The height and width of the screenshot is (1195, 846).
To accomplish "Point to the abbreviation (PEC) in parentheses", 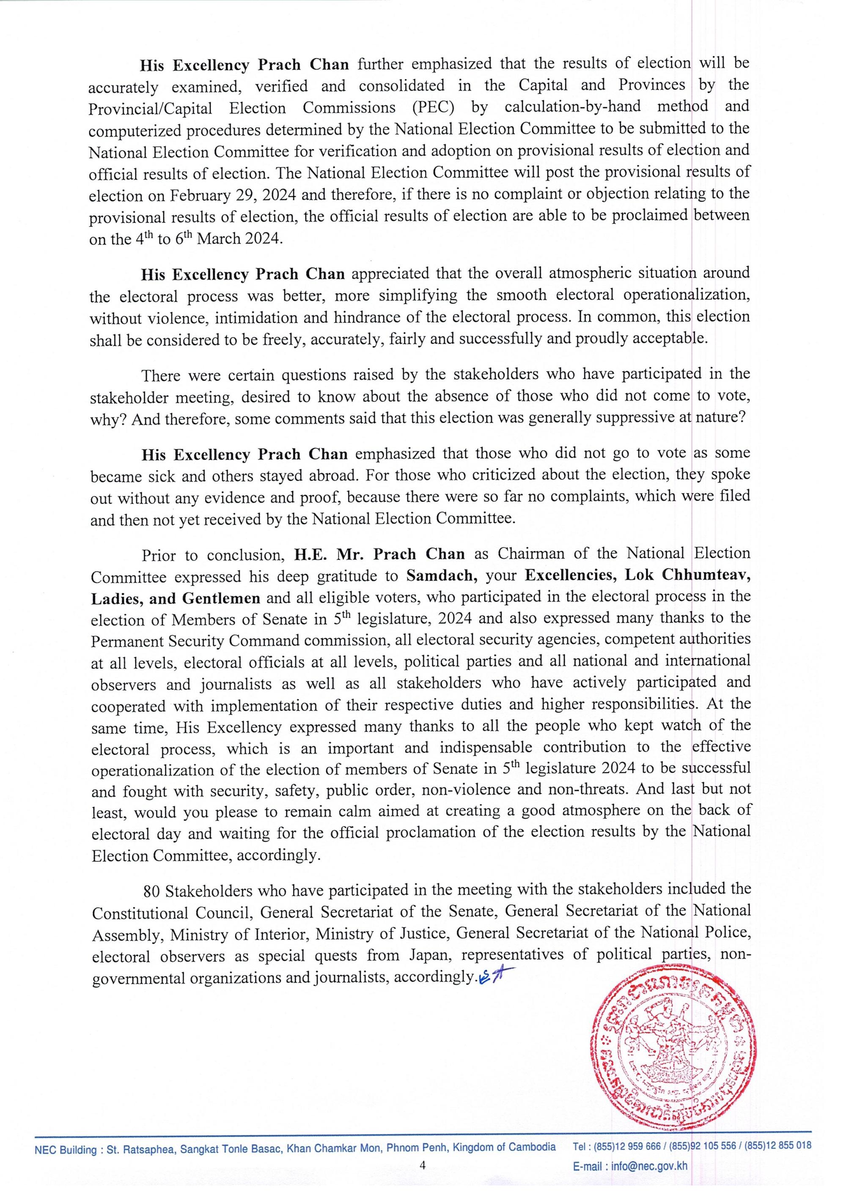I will pos(437,107).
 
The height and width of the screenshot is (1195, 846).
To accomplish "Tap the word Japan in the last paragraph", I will pos(430,956).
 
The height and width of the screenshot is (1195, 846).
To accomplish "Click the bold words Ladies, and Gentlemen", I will pos(175,598).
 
